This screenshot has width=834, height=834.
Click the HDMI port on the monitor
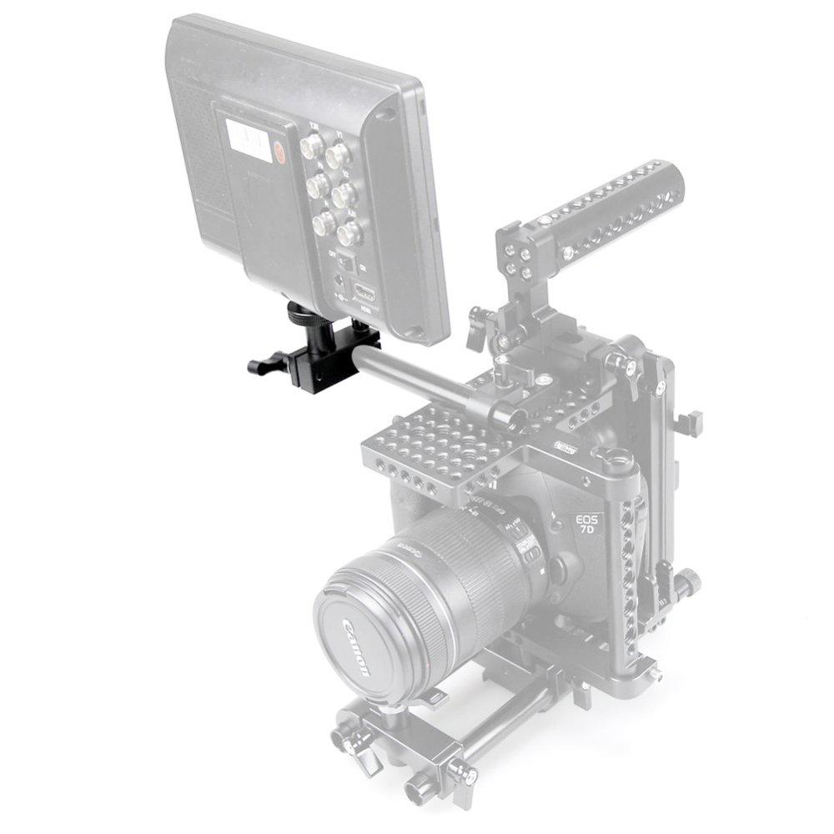click(364, 292)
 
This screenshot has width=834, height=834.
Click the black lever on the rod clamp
click(265, 364)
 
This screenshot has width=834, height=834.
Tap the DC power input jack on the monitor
click(339, 282)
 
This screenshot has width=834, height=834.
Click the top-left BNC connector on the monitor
click(312, 148)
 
